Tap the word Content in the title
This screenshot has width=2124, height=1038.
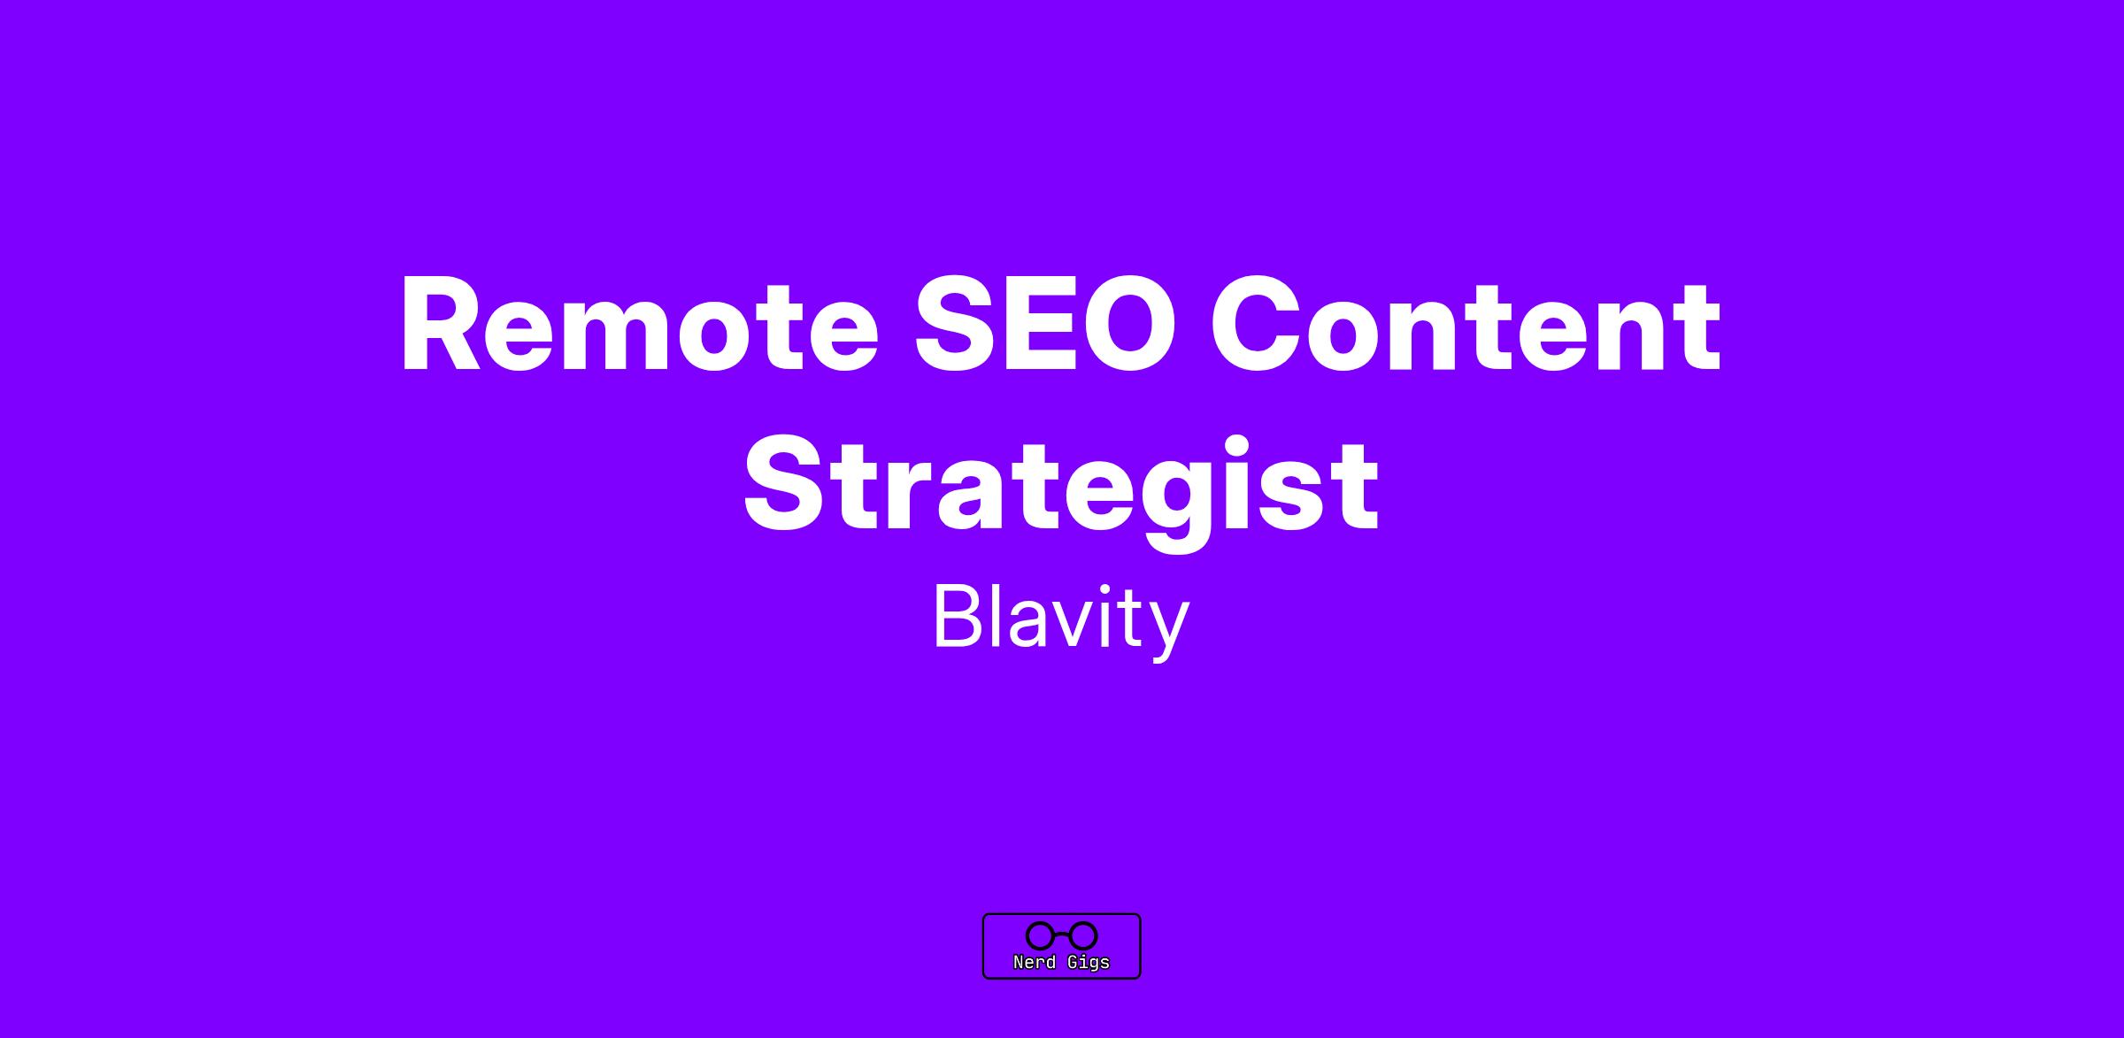(1465, 325)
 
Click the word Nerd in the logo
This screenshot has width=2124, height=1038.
(1035, 962)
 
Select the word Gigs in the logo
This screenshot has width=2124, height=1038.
(1088, 963)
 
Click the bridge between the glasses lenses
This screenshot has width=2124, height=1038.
(1062, 934)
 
